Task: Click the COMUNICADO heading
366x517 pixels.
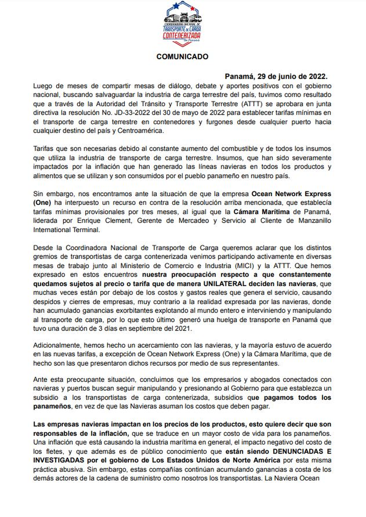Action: (182, 57)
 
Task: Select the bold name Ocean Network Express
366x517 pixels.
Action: (291, 194)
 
